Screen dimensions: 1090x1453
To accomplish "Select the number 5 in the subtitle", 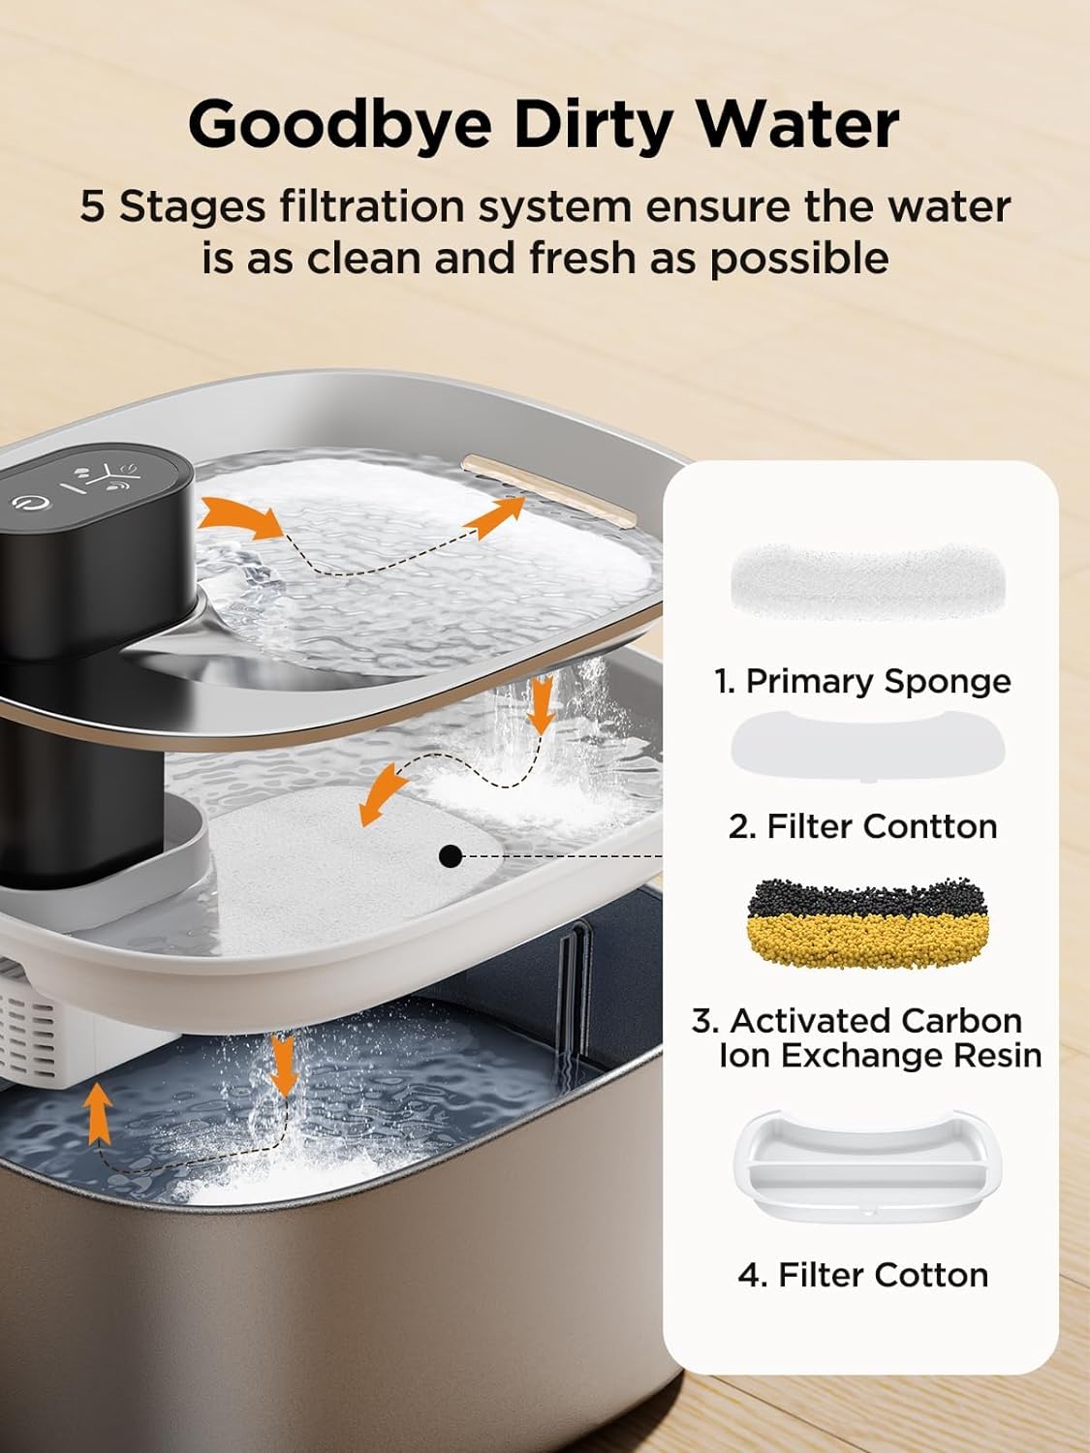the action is (x=91, y=206).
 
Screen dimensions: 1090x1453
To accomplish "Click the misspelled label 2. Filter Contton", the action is (x=863, y=827).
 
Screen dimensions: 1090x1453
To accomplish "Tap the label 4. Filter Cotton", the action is (x=863, y=1276).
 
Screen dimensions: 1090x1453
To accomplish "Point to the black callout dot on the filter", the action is (x=451, y=856).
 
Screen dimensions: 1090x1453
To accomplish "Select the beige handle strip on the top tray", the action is (x=549, y=490).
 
